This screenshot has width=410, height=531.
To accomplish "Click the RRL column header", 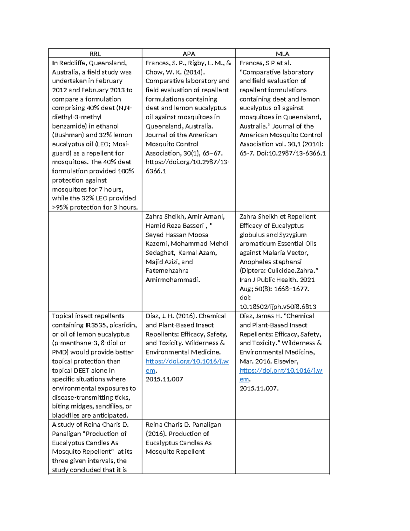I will point(95,54).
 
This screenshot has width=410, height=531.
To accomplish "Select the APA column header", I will point(189,54).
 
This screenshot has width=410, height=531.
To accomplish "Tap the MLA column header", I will point(283,54).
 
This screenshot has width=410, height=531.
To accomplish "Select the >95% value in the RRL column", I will point(60,207).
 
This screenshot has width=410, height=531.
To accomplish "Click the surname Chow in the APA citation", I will point(154,72).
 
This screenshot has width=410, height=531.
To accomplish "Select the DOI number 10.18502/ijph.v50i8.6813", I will point(278,307).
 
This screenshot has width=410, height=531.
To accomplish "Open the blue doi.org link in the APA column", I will point(187,361).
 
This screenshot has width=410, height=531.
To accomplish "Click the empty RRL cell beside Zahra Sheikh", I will point(95,261).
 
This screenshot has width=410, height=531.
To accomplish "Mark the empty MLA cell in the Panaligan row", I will point(283,446).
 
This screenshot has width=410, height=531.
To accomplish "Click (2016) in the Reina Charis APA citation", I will point(155,434).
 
